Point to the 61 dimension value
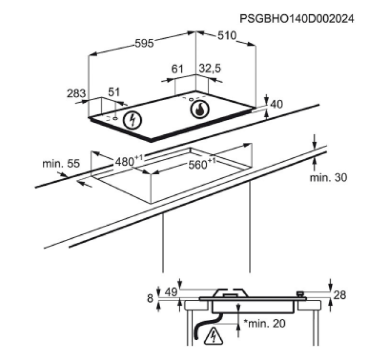[x=177, y=69]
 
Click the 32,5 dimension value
[x=209, y=69]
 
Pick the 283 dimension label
[x=76, y=93]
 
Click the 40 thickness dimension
[x=276, y=104]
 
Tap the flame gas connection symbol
[x=200, y=109]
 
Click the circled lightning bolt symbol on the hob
[x=133, y=120]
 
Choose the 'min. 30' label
[x=328, y=178]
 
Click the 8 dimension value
[x=150, y=298]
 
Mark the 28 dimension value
[x=340, y=295]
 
